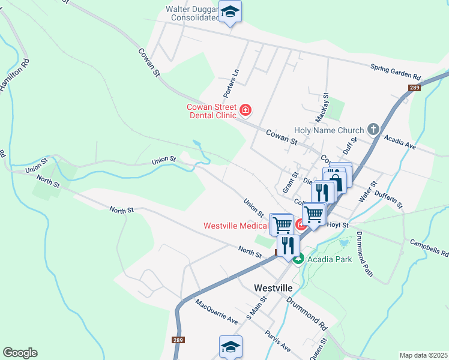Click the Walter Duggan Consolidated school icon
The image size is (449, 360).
coord(231,12)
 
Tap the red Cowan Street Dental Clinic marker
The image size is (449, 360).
coord(245,110)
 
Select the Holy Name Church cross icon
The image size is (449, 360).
coord(373,130)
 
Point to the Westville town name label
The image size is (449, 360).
coord(273,287)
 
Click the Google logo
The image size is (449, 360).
coord(20,353)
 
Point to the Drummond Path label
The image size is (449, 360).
coord(364,254)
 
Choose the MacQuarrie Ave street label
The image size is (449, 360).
coord(216,311)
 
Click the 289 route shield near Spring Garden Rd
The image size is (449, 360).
coord(414,88)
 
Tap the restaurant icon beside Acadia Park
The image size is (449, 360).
coord(288,246)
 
